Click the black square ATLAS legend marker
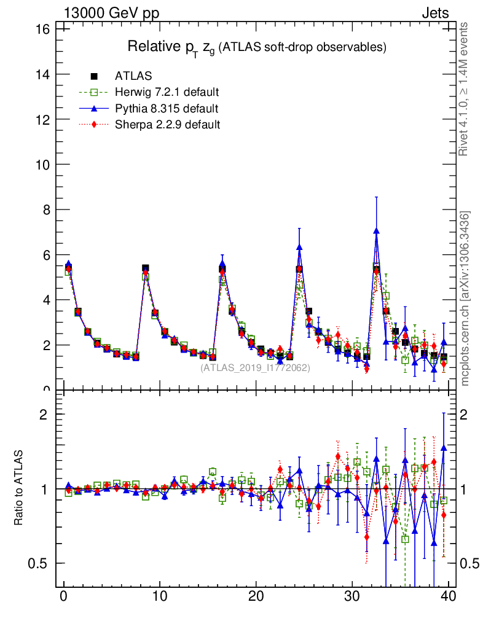coord(94,76)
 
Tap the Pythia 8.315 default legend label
coord(167,109)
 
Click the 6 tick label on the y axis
coord(45,255)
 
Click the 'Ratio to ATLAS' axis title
coord(19,488)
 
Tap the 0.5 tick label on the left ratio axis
coord(38,564)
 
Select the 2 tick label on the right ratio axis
coord(465,415)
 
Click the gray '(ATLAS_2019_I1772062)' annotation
coord(255,368)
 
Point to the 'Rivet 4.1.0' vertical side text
coord(465,89)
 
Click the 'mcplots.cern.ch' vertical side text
coord(465,298)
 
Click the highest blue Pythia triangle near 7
coord(376,231)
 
